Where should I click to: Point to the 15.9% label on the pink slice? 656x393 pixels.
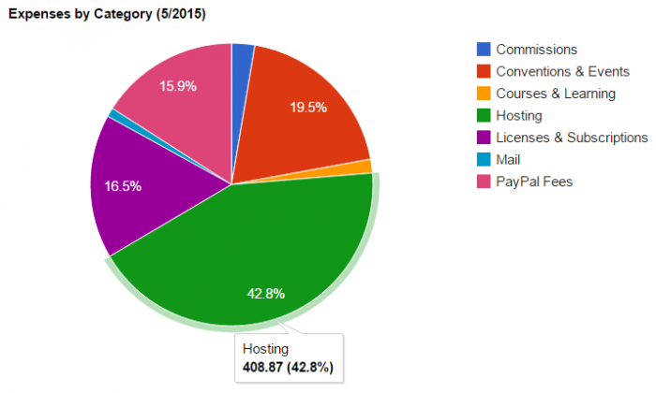coord(177,86)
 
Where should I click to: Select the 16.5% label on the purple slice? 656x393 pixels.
coord(124,186)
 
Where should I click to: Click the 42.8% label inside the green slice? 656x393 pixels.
coord(266,293)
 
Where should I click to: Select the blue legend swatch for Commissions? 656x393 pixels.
coord(483,49)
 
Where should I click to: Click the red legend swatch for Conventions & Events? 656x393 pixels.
coord(483,71)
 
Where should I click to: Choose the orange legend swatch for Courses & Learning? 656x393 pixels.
coord(483,94)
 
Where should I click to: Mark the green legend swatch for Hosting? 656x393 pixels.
coord(483,115)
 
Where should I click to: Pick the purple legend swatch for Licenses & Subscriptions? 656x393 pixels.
coord(483,138)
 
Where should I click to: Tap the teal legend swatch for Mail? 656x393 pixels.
coord(483,160)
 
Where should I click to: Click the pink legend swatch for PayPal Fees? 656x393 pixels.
coord(483,182)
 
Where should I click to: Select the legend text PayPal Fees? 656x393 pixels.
coord(534,182)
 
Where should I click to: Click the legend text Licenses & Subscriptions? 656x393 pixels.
coord(572,138)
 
